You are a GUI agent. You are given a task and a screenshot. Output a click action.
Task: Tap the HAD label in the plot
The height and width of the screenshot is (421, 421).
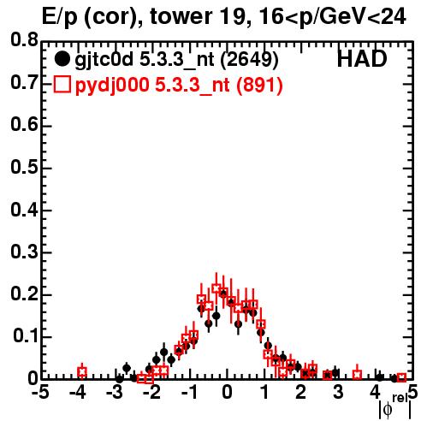(x=362, y=59)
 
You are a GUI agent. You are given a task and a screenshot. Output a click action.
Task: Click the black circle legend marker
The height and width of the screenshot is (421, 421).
(x=62, y=59)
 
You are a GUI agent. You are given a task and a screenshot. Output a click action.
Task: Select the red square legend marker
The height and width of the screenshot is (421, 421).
(x=62, y=85)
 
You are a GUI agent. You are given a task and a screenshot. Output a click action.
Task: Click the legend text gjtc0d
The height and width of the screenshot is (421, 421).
(x=104, y=61)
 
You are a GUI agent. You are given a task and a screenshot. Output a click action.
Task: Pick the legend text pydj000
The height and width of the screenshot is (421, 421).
(x=112, y=86)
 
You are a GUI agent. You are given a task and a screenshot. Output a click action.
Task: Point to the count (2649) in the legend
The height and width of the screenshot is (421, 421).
(x=249, y=60)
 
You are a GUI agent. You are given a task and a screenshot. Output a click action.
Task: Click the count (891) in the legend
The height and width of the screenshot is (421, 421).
(x=259, y=86)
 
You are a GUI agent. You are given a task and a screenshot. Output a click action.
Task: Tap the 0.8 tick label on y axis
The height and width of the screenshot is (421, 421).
(x=24, y=40)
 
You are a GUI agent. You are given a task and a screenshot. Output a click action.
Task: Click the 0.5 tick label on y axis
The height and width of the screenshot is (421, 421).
(x=24, y=167)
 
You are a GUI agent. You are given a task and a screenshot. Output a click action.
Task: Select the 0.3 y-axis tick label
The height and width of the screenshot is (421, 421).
(x=24, y=252)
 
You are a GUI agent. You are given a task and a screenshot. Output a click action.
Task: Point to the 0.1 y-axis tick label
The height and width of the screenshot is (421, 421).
(x=25, y=336)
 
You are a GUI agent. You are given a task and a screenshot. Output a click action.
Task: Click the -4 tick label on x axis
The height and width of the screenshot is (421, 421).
(x=78, y=393)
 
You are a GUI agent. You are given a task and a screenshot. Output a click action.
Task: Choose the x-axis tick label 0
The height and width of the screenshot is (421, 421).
(x=227, y=393)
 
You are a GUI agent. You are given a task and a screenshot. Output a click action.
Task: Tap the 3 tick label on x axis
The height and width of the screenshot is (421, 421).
(x=338, y=393)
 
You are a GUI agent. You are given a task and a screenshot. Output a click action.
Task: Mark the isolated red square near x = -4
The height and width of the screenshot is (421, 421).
(x=82, y=372)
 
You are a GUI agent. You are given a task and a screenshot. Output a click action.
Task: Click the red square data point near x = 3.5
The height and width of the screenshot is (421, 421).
(x=357, y=374)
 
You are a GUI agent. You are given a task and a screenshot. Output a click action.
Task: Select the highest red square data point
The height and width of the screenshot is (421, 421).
(x=216, y=288)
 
